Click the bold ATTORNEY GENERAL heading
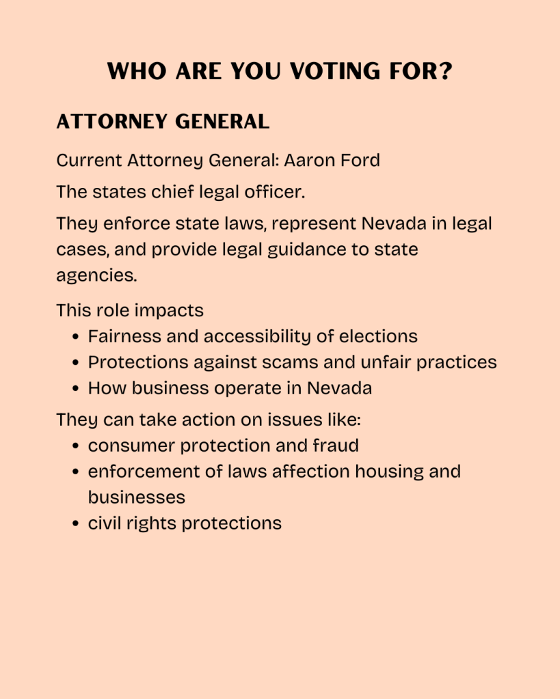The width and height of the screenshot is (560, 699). point(163,122)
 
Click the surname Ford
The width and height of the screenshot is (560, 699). point(362,160)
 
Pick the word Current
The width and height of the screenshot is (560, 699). point(89,160)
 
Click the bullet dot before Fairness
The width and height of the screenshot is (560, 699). point(77,337)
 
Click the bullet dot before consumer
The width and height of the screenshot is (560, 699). point(77,446)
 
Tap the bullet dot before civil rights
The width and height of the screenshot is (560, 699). point(77,524)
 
